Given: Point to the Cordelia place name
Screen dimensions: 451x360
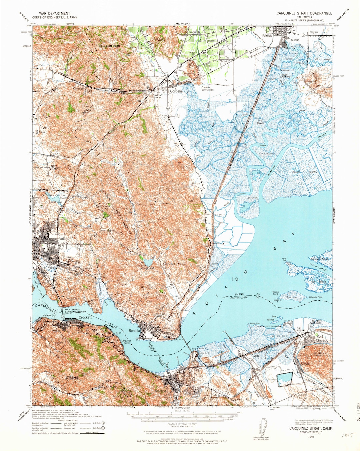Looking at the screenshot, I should coord(176,91).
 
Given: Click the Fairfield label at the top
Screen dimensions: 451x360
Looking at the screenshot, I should coord(267,35).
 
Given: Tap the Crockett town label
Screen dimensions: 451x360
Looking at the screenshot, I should coord(85,317).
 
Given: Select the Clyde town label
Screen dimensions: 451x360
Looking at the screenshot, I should coord(305,363).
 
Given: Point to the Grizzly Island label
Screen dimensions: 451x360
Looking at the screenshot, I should coord(305,172).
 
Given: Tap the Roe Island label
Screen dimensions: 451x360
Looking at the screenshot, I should coord(293,297).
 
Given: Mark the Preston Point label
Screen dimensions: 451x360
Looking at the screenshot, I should coord(275,293).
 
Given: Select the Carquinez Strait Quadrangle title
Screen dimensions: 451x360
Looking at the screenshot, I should coord(304,13).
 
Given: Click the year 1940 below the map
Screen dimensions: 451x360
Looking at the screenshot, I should coord(311,436).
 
